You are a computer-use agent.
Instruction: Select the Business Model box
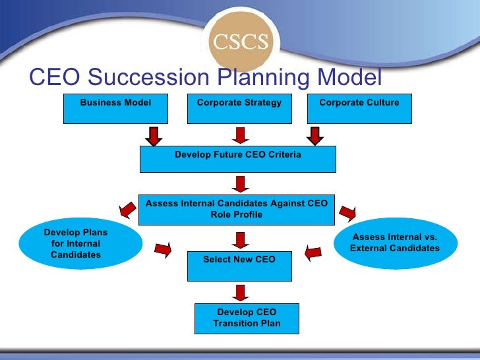115,108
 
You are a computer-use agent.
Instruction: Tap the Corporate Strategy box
239,108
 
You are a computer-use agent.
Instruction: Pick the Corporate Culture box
359,108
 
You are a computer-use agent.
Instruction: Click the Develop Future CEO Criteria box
238,159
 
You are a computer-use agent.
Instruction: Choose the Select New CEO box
239,264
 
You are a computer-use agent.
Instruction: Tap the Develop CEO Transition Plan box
247,318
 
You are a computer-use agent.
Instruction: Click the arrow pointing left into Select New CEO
314,251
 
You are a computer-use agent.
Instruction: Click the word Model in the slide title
350,78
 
